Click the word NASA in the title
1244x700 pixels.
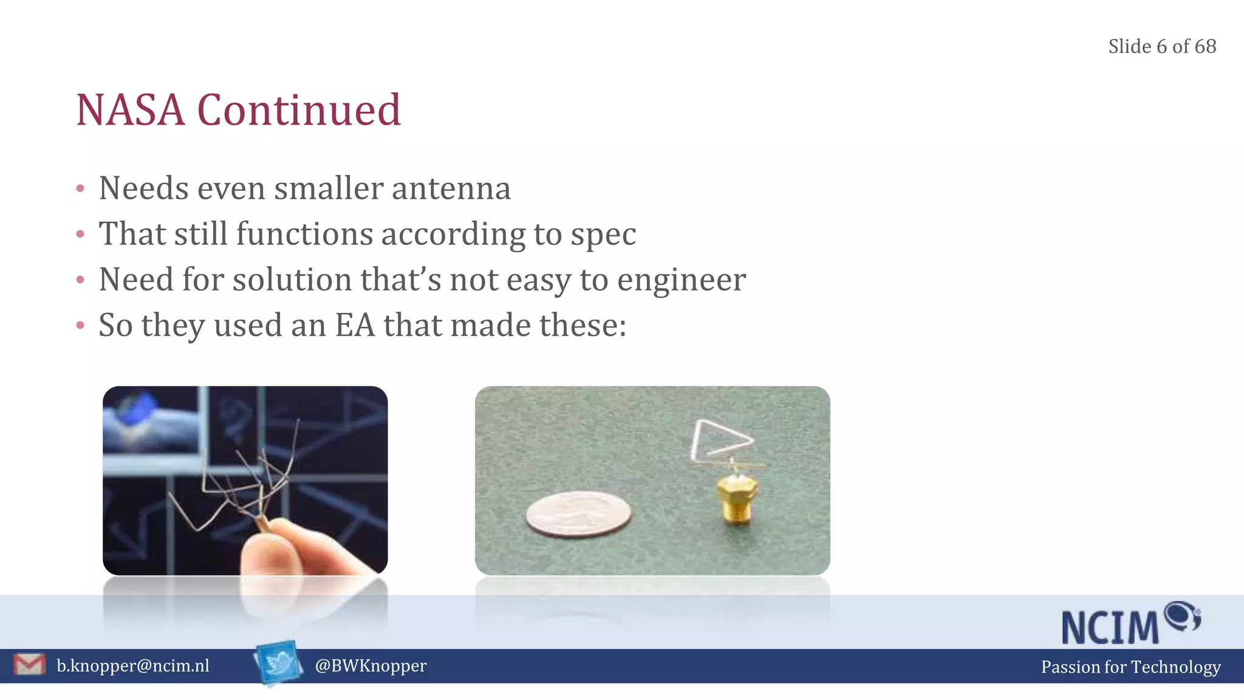pyautogui.click(x=130, y=111)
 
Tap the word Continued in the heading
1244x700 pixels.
pyautogui.click(x=298, y=111)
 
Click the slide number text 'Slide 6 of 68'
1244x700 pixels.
pyautogui.click(x=1161, y=47)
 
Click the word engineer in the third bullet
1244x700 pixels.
pyautogui.click(x=681, y=280)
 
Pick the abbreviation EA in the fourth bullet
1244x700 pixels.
pyautogui.click(x=355, y=325)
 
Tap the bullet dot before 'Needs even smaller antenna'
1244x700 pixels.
pyautogui.click(x=80, y=189)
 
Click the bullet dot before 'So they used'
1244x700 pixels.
pyautogui.click(x=80, y=326)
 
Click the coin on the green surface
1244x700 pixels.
pyautogui.click(x=578, y=514)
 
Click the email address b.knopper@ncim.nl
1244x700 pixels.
pyautogui.click(x=133, y=666)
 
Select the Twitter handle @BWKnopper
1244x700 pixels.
pyautogui.click(x=371, y=666)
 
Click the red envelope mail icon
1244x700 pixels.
pyautogui.click(x=29, y=665)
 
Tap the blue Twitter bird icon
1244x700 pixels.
pyautogui.click(x=279, y=663)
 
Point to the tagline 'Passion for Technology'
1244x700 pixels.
pyautogui.click(x=1130, y=667)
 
